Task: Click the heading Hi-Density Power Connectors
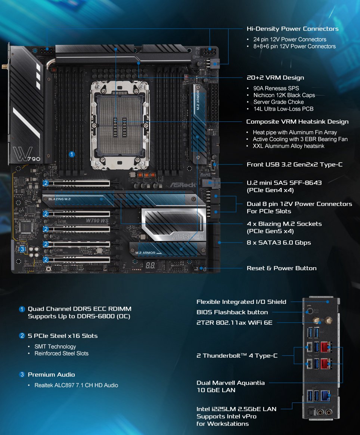coord(292,29)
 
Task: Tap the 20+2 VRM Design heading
coord(275,78)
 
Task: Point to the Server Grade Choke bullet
coord(279,102)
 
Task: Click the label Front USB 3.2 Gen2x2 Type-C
coord(294,164)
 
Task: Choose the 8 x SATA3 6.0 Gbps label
coord(279,243)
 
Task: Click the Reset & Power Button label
coord(281,268)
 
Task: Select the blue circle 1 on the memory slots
coord(72,154)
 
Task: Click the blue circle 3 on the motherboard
coord(23,249)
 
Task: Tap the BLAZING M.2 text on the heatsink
coord(59,199)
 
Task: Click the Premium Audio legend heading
coord(51,374)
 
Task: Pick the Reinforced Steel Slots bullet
coord(61,353)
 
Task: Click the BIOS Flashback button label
coord(232,312)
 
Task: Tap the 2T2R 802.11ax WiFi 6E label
coord(234,323)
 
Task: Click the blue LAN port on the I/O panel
coord(325,395)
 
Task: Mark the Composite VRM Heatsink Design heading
coord(297,122)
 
